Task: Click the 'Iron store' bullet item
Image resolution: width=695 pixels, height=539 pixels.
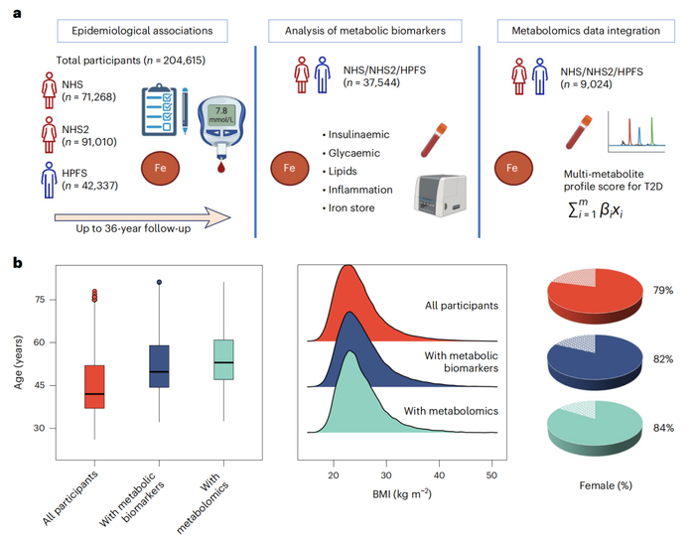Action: tap(353, 207)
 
